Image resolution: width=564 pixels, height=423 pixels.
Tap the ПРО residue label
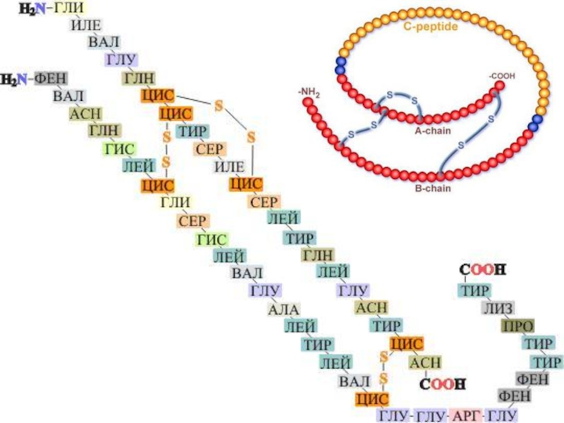(517, 326)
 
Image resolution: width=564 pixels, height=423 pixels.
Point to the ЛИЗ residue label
(498, 308)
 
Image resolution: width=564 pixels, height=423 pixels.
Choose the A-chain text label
(431, 130)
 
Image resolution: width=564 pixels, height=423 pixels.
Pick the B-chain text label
(431, 188)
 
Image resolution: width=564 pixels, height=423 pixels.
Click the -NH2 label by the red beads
(308, 91)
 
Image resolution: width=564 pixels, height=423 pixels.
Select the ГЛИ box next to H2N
(68, 8)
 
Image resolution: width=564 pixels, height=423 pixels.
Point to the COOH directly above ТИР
(483, 271)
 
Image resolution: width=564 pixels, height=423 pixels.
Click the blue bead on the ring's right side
(535, 120)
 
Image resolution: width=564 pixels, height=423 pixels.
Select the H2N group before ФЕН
(13, 79)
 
